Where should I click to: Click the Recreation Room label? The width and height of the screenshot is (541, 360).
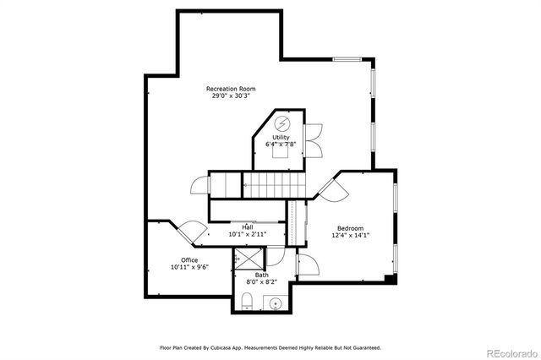[x=231, y=89]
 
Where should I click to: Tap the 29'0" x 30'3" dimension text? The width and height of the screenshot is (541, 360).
[x=231, y=96]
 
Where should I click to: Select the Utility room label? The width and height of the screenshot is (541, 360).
[x=281, y=137]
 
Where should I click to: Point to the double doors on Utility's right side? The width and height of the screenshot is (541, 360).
[x=314, y=139]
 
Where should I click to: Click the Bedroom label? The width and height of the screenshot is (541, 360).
[x=350, y=228]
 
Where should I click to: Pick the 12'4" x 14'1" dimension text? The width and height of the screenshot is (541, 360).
[x=350, y=236]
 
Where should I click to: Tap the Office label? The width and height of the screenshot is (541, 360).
[x=189, y=259]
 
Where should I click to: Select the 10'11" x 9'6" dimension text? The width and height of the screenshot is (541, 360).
[x=189, y=267]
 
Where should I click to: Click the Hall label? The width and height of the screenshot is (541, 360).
[x=248, y=226]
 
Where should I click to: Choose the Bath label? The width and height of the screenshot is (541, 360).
[x=261, y=274]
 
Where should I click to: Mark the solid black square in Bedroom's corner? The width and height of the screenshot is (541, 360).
[x=389, y=277]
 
